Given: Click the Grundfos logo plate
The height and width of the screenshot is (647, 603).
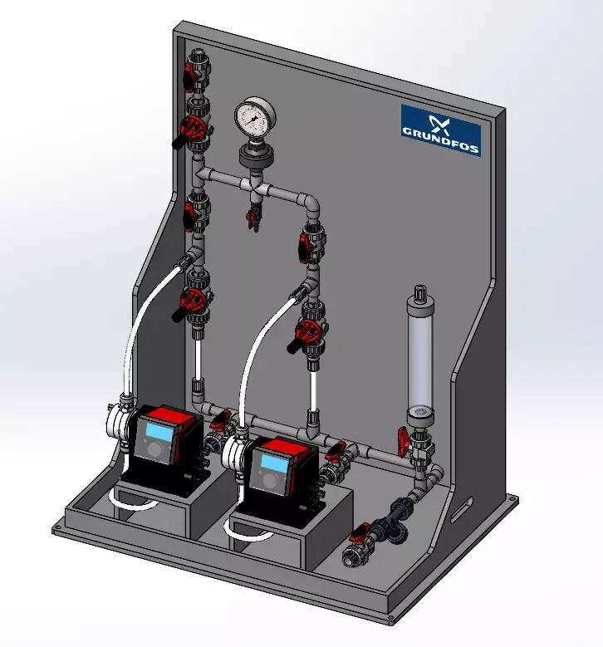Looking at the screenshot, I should pyautogui.click(x=440, y=125).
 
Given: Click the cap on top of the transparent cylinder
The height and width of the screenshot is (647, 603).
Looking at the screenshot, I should pyautogui.click(x=421, y=294).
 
